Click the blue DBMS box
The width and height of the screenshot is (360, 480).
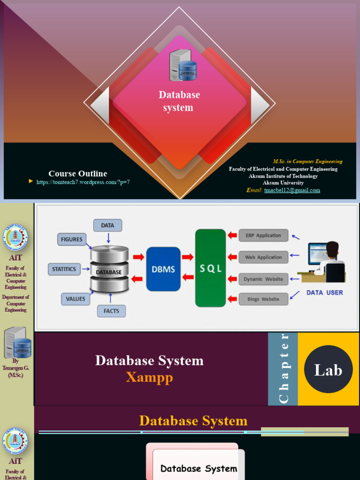(163, 269)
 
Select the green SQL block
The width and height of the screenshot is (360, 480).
(210, 268)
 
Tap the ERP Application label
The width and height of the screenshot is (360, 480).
(263, 235)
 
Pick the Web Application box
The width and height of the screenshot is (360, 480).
(263, 257)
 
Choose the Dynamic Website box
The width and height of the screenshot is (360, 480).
(263, 279)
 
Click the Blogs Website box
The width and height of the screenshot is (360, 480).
(263, 299)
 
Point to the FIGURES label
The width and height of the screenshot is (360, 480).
(72, 240)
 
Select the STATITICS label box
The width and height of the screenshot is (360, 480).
(64, 269)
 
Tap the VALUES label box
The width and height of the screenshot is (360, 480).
(75, 299)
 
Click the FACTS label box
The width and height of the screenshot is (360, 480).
(111, 311)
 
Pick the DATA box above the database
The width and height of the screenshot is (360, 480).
(107, 225)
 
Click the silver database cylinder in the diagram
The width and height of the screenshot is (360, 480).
(109, 269)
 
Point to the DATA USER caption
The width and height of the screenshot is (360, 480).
(324, 292)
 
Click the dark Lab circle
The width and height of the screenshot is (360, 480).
(328, 370)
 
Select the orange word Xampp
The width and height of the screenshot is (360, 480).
(149, 377)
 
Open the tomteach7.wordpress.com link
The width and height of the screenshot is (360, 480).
(83, 182)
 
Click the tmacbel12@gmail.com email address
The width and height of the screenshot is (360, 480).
(292, 190)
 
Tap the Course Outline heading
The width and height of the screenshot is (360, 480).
(78, 173)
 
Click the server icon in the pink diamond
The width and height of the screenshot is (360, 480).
(182, 66)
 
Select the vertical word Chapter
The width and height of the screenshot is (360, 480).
(283, 369)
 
